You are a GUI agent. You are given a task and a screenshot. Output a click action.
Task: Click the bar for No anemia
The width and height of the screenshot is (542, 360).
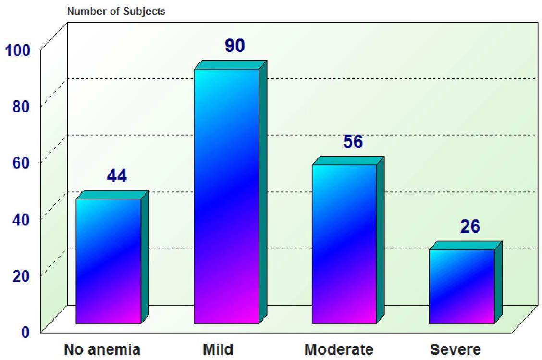(x=109, y=261)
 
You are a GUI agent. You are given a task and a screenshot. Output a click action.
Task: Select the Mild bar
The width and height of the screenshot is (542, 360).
(x=226, y=196)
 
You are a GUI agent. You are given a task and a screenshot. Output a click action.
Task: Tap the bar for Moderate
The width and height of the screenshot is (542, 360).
(x=344, y=244)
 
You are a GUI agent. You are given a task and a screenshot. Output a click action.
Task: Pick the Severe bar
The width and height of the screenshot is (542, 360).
(x=462, y=286)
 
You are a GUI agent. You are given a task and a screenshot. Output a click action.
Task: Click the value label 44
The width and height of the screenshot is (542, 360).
(x=117, y=176)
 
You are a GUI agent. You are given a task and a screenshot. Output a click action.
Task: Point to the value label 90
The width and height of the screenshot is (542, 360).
(x=234, y=46)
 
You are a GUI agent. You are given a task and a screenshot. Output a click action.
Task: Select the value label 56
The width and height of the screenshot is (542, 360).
(x=353, y=142)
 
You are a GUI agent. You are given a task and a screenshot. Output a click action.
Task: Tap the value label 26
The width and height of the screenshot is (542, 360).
(x=470, y=227)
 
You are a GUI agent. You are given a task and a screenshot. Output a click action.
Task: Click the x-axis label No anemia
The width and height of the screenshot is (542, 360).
(x=102, y=349)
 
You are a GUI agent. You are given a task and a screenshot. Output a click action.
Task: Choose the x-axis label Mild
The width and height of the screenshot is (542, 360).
(x=218, y=349)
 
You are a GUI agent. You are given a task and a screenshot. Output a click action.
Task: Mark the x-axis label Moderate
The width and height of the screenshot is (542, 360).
(x=339, y=349)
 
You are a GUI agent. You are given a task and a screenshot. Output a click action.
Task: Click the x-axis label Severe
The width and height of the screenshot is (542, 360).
(x=455, y=349)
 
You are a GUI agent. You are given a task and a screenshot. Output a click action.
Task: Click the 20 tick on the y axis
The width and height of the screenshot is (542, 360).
(x=21, y=275)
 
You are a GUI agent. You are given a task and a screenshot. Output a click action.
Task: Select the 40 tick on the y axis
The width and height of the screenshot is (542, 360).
(x=21, y=219)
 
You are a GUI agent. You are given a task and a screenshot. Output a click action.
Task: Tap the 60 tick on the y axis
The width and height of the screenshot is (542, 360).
(x=21, y=162)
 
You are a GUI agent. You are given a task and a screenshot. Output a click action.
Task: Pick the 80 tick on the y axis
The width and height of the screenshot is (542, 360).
(x=21, y=106)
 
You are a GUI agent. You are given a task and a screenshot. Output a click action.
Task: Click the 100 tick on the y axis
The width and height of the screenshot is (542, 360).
(x=18, y=50)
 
